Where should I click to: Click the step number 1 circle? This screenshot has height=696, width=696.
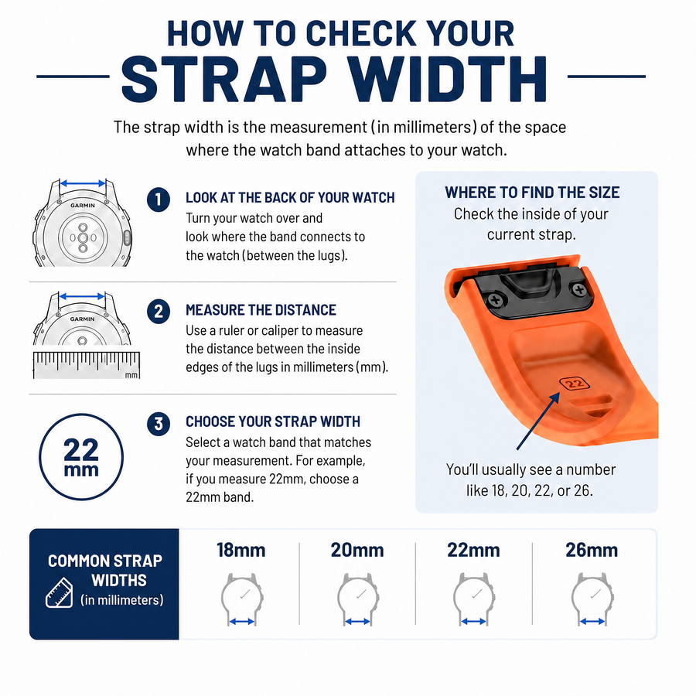click(159, 200)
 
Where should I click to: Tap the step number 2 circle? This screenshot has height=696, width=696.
click(159, 311)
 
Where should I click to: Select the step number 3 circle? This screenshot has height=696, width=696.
click(159, 424)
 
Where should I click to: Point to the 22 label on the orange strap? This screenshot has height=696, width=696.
click(575, 383)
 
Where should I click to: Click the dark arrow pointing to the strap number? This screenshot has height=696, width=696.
click(538, 421)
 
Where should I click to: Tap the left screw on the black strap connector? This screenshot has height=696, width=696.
click(495, 299)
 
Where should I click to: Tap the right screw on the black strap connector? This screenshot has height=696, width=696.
click(578, 290)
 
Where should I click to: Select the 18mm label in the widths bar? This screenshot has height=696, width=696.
click(241, 550)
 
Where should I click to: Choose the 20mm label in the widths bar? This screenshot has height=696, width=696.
click(357, 550)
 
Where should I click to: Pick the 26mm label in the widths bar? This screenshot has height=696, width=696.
click(592, 550)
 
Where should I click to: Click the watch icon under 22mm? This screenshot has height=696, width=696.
click(474, 599)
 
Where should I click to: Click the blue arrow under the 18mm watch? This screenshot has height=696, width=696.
click(242, 622)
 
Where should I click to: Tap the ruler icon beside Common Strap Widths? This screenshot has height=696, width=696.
click(59, 592)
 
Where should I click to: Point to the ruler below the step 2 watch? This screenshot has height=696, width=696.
click(87, 365)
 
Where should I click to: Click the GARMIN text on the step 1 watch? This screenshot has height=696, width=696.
click(83, 205)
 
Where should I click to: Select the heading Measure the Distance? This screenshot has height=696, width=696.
click(261, 310)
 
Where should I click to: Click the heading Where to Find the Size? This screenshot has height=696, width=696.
click(532, 193)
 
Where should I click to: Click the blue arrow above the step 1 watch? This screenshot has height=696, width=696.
click(83, 183)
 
